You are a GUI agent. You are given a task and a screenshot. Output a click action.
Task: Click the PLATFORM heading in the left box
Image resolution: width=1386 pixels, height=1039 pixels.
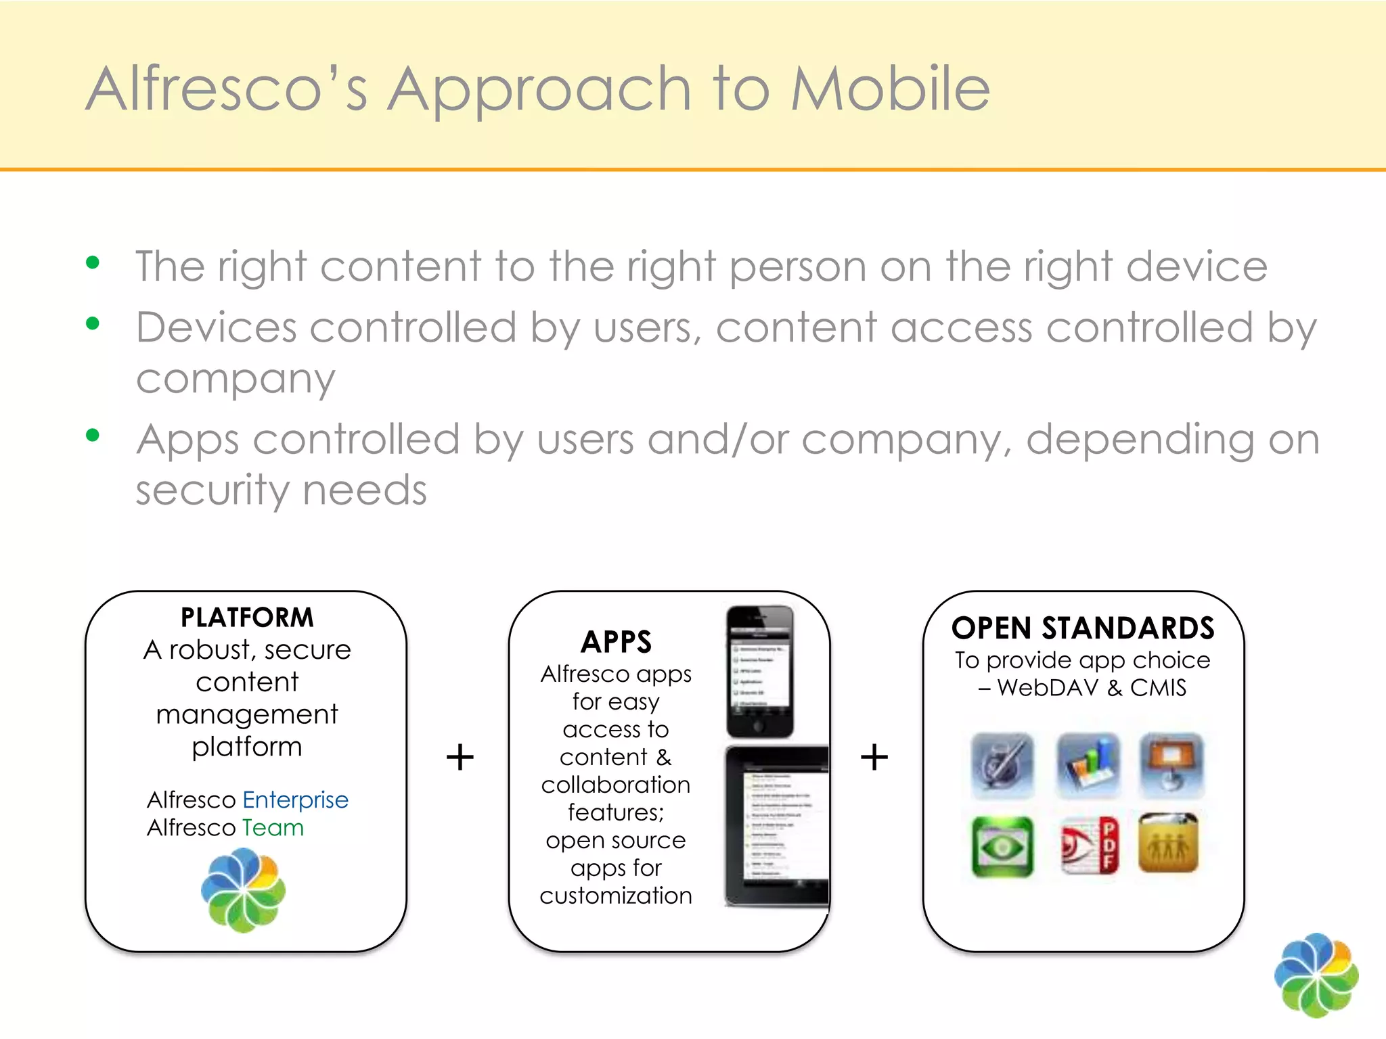(x=247, y=617)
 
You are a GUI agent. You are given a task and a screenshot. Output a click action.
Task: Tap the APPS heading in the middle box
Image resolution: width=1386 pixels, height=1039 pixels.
(x=616, y=641)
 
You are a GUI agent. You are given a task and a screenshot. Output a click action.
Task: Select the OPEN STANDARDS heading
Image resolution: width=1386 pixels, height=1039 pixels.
(x=1083, y=628)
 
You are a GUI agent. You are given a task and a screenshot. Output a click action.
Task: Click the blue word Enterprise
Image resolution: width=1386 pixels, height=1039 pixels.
(x=295, y=800)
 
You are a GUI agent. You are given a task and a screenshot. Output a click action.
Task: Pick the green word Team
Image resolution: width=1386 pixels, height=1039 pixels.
(x=273, y=827)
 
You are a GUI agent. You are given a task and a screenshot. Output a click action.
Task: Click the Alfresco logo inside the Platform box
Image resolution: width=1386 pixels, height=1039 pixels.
(x=244, y=890)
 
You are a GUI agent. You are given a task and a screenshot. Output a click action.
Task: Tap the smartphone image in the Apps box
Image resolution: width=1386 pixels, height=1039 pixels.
(x=759, y=671)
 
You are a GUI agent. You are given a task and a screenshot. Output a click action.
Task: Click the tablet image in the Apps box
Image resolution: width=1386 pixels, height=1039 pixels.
(x=777, y=825)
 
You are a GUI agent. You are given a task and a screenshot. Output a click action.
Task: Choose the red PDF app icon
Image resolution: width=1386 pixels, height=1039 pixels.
(x=1088, y=846)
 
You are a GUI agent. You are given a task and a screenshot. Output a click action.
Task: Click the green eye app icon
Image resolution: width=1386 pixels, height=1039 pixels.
(x=1002, y=846)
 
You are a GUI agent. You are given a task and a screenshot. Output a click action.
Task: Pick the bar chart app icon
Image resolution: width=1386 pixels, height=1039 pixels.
(x=1088, y=765)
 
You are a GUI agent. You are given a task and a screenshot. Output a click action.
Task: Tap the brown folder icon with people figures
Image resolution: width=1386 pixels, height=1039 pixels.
(x=1169, y=844)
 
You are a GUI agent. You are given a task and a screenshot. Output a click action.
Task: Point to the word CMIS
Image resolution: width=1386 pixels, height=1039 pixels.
(x=1158, y=688)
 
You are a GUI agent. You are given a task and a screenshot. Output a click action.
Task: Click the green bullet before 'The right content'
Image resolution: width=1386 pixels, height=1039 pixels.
(x=93, y=262)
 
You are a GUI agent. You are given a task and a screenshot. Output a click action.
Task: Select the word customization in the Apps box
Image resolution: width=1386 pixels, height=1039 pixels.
(x=616, y=896)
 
